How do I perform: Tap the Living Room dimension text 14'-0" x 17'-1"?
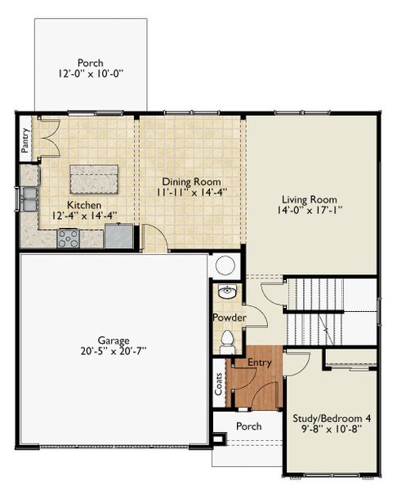[310, 210]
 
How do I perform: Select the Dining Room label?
[191, 181]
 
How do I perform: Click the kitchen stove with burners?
[68, 239]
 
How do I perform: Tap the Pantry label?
[25, 139]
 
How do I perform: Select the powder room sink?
[226, 292]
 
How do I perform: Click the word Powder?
[229, 317]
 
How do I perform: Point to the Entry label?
[261, 362]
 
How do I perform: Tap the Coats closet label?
[219, 385]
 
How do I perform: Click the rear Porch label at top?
[90, 62]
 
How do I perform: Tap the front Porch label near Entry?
[248, 426]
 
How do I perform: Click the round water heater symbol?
[225, 265]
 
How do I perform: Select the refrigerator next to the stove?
[119, 236]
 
